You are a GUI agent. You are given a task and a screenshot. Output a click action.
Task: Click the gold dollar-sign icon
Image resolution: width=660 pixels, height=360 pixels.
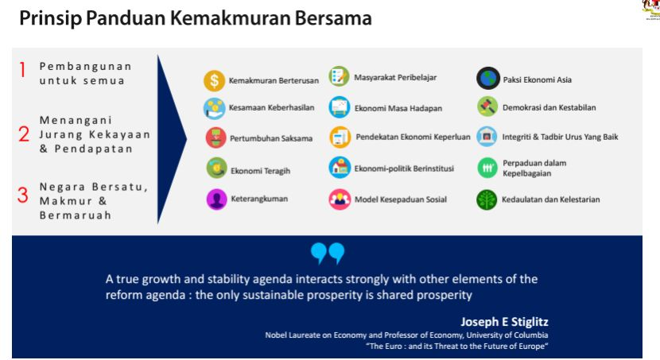pos(214,80)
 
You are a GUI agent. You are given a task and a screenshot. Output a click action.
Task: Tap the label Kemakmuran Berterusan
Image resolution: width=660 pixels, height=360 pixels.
pos(274,80)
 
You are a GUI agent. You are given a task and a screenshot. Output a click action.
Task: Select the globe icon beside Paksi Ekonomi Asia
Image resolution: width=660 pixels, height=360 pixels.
pos(488,78)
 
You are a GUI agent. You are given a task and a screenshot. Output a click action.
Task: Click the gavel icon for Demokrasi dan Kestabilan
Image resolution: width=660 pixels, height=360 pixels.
pos(487,106)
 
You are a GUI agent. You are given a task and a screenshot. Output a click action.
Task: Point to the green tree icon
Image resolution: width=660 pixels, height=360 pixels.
pos(487,199)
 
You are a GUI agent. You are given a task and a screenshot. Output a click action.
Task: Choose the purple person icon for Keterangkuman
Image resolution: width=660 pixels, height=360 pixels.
pos(217,199)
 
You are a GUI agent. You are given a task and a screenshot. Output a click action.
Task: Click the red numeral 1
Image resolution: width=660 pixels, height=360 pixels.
pos(23,70)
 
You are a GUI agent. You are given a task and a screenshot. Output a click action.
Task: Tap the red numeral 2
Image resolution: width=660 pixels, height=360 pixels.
pos(24,134)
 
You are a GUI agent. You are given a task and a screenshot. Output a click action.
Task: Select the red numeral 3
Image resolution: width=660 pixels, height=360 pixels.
pos(23,195)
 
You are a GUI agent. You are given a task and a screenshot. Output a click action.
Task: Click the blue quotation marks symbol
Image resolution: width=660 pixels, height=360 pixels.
pos(328,254)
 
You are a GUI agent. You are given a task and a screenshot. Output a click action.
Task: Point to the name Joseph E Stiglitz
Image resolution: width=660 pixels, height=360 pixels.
pos(504,322)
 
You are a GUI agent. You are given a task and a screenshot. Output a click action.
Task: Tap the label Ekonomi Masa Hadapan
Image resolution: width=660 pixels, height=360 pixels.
pos(398,109)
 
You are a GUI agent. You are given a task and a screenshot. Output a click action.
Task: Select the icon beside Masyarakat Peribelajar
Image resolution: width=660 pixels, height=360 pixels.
pos(339,76)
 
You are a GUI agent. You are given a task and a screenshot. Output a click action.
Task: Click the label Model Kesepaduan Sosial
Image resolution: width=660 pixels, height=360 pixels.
pos(401,199)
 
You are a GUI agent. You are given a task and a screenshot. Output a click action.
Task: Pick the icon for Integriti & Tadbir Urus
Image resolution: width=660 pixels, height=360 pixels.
pos(487,136)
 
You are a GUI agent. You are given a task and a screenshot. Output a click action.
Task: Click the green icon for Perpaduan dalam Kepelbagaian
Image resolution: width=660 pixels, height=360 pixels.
pos(487,168)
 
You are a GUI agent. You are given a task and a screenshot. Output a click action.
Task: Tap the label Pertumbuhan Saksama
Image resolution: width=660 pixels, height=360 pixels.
pos(271,138)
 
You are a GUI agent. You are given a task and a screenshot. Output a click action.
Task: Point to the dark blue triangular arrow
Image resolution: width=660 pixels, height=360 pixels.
pos(169,139)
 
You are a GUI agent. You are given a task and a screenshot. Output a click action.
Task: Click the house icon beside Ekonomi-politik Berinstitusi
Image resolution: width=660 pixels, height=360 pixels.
pos(340,168)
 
